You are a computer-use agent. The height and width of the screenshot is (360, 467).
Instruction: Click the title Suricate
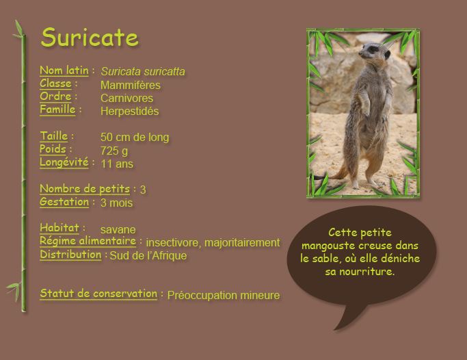point(90,38)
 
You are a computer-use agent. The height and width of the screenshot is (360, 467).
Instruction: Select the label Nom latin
point(64,70)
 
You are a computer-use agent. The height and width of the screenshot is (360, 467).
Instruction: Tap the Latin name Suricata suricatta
point(142,72)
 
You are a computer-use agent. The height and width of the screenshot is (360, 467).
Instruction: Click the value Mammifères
point(130,85)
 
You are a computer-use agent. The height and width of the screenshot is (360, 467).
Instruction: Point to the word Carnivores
point(126,98)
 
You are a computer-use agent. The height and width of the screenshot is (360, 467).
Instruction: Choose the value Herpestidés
point(129,111)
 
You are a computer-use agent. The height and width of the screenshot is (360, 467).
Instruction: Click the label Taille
point(53,136)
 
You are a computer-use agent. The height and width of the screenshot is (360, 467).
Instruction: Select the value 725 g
point(114,151)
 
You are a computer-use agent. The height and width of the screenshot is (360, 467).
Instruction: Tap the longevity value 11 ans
point(116,164)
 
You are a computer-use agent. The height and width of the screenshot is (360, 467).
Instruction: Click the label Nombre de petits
point(84,188)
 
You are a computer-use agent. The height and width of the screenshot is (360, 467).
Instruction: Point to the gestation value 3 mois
point(116,203)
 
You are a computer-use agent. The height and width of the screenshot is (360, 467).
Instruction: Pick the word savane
point(118,229)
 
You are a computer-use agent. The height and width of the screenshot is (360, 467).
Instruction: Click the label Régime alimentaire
point(88,241)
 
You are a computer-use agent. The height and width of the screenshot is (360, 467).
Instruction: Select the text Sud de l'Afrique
point(148,256)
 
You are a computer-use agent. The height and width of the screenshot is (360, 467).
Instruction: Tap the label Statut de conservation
point(98,294)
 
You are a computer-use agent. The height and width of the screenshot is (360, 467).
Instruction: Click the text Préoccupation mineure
point(223,296)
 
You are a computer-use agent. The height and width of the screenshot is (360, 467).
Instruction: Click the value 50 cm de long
point(134,138)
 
